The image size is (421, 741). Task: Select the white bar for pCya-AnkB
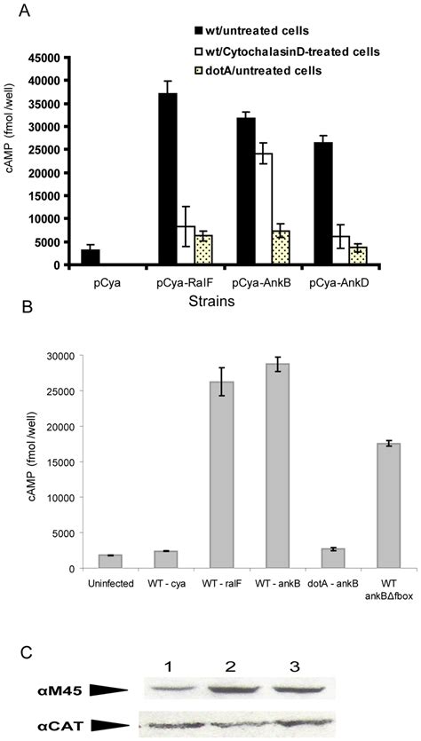(238, 209)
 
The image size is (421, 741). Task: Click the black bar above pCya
(90, 257)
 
